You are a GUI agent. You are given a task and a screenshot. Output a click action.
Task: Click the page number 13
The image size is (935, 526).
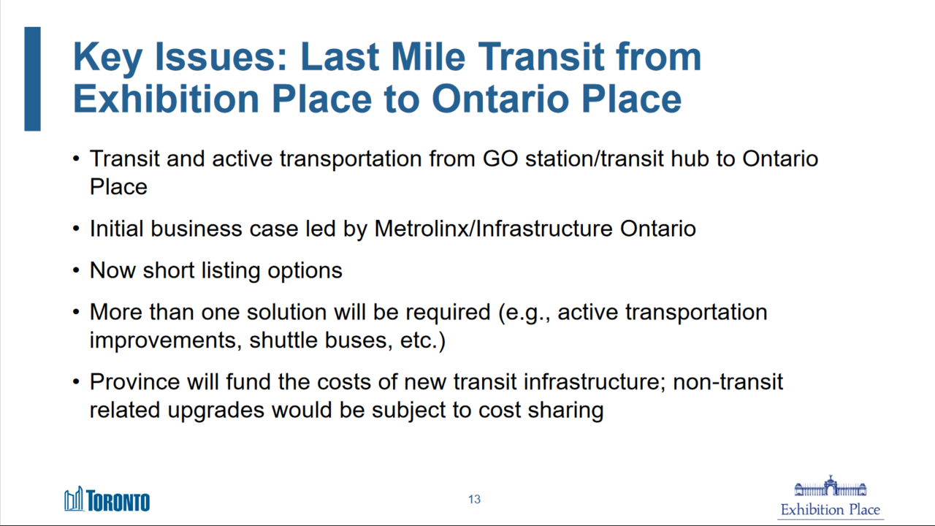[474, 499]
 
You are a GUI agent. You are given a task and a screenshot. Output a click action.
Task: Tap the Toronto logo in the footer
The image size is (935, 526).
[107, 499]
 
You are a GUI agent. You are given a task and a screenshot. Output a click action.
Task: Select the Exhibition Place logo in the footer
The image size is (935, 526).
[831, 497]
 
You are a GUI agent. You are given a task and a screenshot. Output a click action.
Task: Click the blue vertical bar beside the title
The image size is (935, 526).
[33, 79]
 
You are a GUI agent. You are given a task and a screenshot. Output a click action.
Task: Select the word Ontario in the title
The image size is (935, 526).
[501, 99]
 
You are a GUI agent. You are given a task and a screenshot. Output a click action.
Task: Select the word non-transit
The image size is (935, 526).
[728, 381]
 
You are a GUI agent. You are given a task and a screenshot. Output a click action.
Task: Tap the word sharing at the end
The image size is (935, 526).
[565, 411]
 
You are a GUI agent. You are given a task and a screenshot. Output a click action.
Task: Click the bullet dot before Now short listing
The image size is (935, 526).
[76, 270]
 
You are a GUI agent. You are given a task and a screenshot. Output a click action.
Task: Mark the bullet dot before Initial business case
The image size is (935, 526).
[76, 229]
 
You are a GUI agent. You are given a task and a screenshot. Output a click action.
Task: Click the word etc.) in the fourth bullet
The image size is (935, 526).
[423, 340]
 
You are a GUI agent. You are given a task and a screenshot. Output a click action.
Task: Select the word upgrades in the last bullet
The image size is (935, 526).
[216, 411]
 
